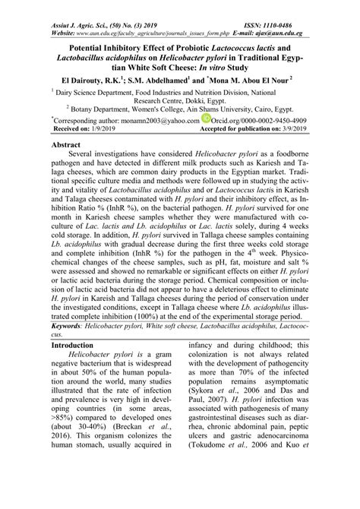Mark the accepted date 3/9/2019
point(288,130)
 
